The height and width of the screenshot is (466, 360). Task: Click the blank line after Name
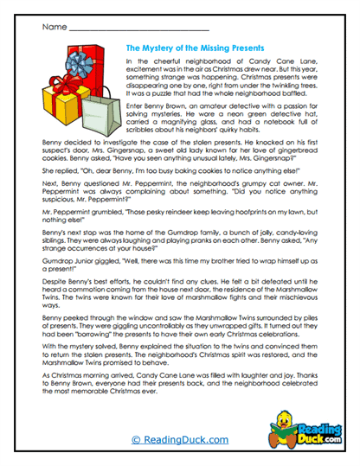tap(138, 28)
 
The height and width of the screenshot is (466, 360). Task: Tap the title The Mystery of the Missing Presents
tap(195, 49)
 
